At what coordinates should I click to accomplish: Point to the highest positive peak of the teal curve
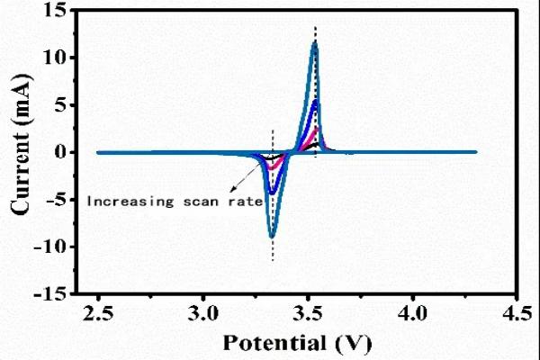[314, 42]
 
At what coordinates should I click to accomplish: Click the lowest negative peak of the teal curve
[272, 236]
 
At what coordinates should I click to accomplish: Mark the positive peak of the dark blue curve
[315, 101]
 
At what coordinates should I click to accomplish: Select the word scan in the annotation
[198, 202]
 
